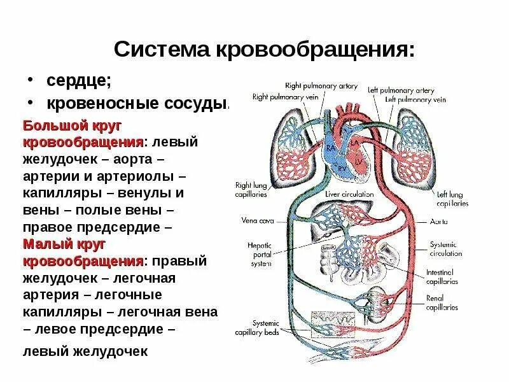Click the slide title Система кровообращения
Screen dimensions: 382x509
coord(264,49)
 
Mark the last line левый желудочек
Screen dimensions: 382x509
coord(85,351)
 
